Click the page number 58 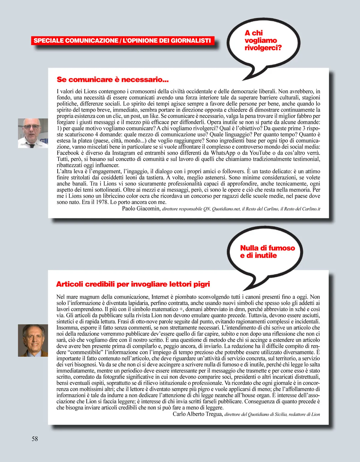(x=35, y=439)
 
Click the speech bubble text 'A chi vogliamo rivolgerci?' (x=263, y=40)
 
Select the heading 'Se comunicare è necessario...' (x=112, y=80)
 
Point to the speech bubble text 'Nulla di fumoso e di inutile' (x=267, y=252)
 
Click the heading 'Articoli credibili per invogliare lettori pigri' (x=133, y=284)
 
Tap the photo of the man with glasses (x=33, y=133)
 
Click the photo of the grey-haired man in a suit (x=33, y=340)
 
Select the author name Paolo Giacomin (x=141, y=209)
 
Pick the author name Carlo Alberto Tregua (x=197, y=414)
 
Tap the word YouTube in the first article (x=260, y=153)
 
